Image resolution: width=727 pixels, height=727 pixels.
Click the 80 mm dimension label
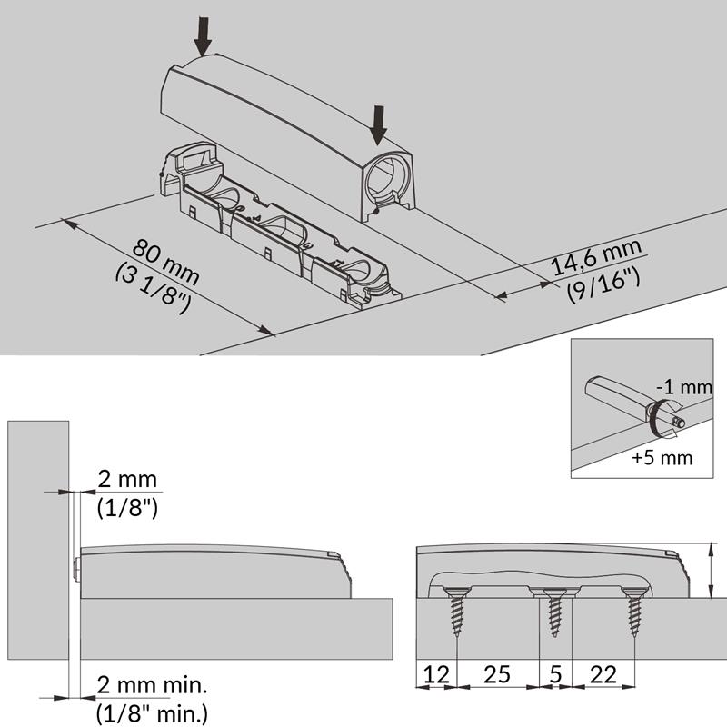tap(165, 261)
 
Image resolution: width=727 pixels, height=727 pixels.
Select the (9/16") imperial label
tap(603, 286)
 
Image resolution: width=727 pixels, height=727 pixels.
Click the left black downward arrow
tap(203, 36)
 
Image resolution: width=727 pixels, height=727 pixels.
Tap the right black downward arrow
tap(379, 124)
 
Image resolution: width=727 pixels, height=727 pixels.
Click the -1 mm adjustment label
tap(684, 387)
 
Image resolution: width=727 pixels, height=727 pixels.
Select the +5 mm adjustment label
tap(662, 458)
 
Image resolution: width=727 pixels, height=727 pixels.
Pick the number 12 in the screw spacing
tap(436, 674)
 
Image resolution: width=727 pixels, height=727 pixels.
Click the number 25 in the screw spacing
tap(497, 674)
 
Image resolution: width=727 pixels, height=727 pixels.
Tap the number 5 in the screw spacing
tap(556, 674)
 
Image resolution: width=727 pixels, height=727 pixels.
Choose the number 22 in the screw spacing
tap(603, 674)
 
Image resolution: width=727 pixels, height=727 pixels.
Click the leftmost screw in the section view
tap(457, 611)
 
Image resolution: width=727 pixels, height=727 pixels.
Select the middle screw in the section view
tap(555, 612)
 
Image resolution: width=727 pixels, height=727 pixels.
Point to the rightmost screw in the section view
tap(634, 612)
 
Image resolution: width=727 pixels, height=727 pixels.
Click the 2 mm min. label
tap(152, 685)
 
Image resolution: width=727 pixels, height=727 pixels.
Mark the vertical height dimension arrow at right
tap(710, 571)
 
